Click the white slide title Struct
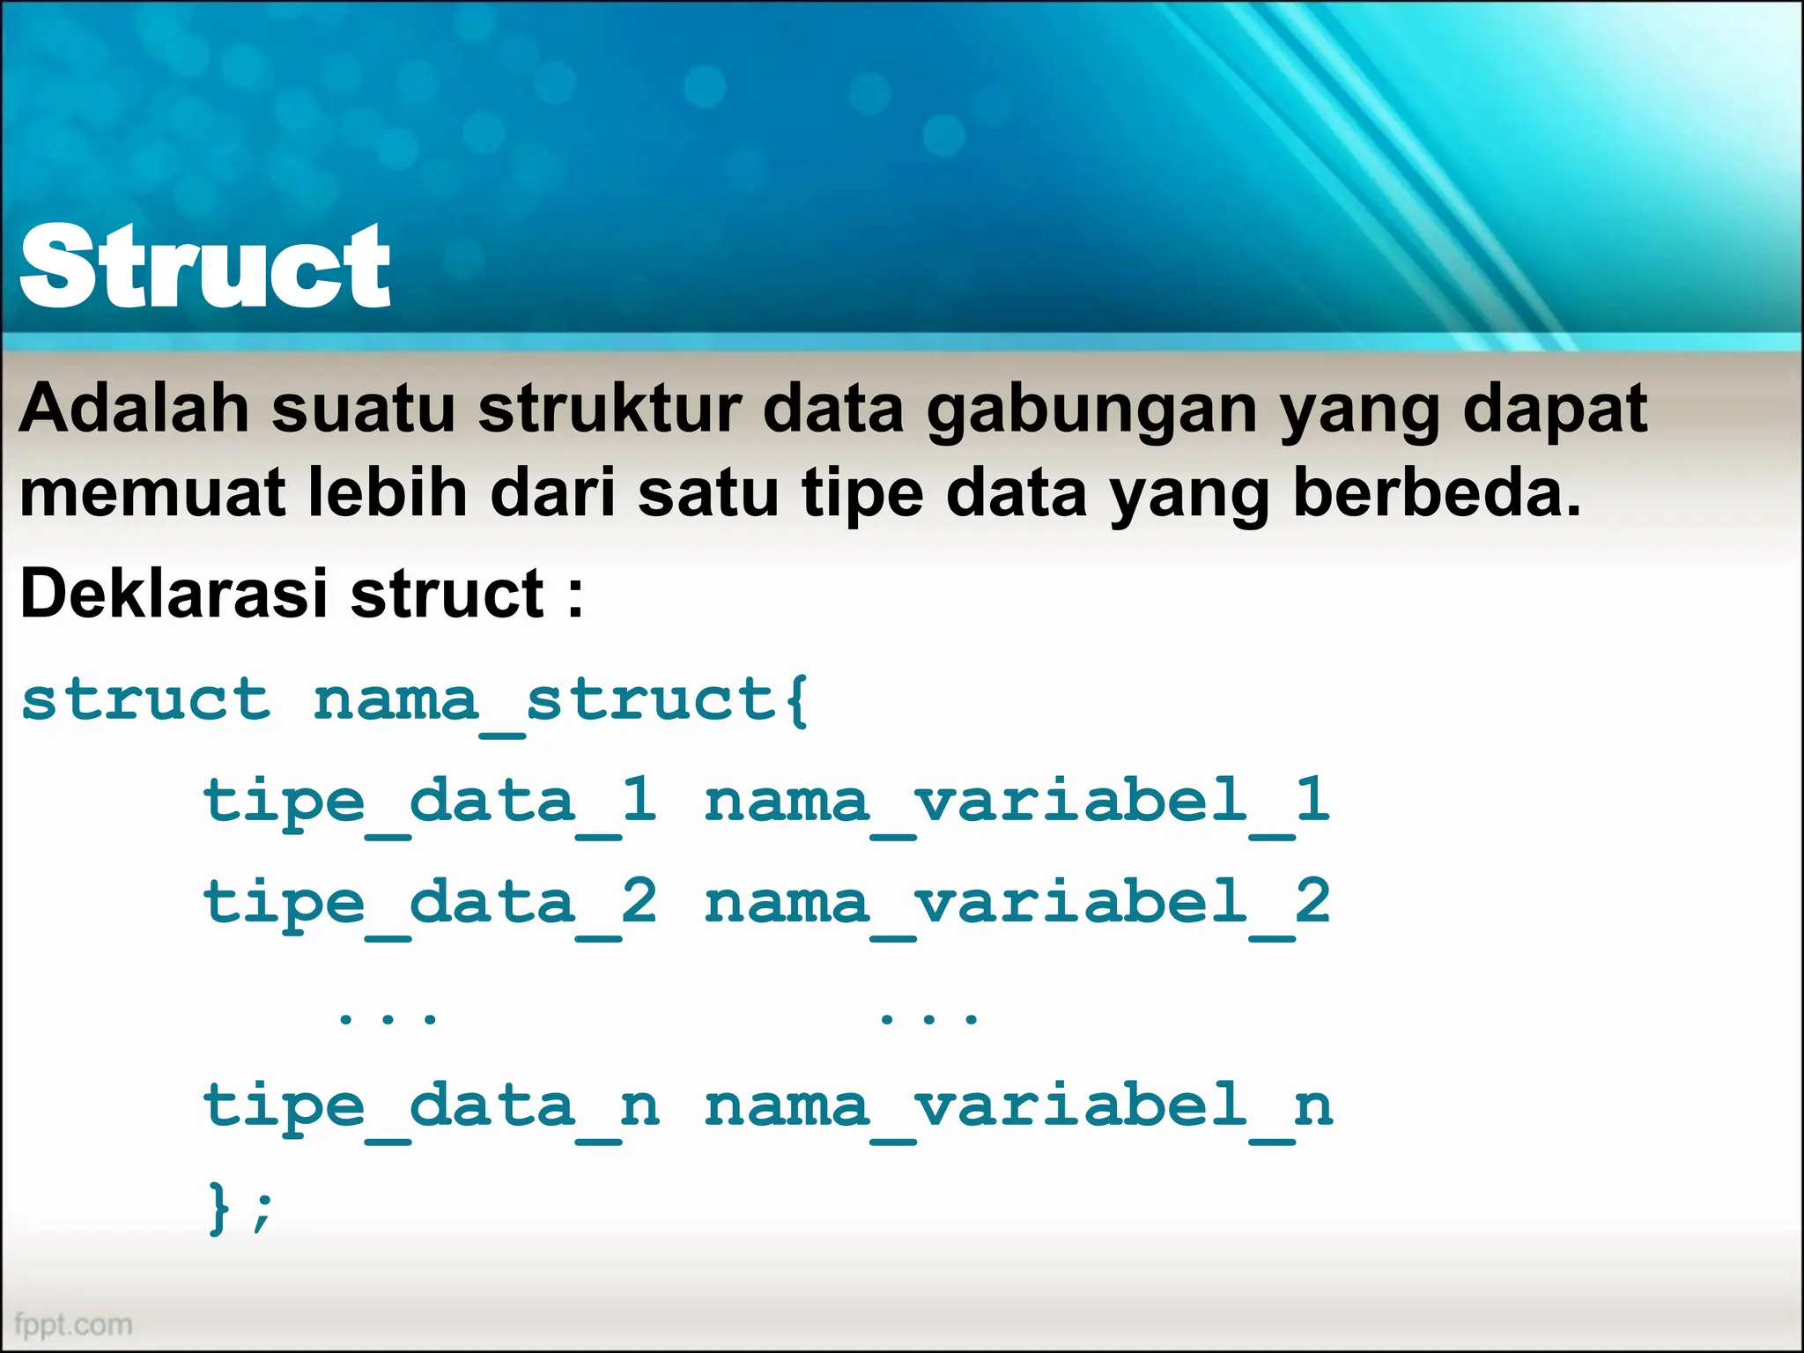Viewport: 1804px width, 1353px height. [204, 266]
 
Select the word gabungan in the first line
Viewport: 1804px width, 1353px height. [1091, 410]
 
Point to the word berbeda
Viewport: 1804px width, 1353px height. [1436, 493]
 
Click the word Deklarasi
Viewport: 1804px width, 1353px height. [173, 594]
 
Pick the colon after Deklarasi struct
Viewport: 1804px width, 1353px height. [575, 595]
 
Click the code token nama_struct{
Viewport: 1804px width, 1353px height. [561, 701]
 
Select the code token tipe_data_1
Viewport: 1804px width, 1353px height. [430, 802]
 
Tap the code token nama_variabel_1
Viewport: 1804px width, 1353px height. [1017, 802]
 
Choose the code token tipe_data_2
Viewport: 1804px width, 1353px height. [430, 904]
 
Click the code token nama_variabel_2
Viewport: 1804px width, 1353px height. [1017, 904]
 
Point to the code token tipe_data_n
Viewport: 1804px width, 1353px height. [431, 1107]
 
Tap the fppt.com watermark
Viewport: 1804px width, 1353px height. [73, 1324]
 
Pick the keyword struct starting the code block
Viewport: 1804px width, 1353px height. [145, 701]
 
